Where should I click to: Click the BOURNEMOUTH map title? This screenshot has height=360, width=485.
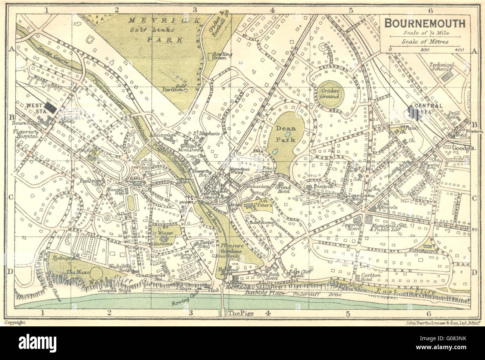(x=425, y=23)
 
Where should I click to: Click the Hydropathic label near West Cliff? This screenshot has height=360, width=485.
(x=64, y=258)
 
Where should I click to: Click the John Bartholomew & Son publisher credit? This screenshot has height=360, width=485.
(x=438, y=321)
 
